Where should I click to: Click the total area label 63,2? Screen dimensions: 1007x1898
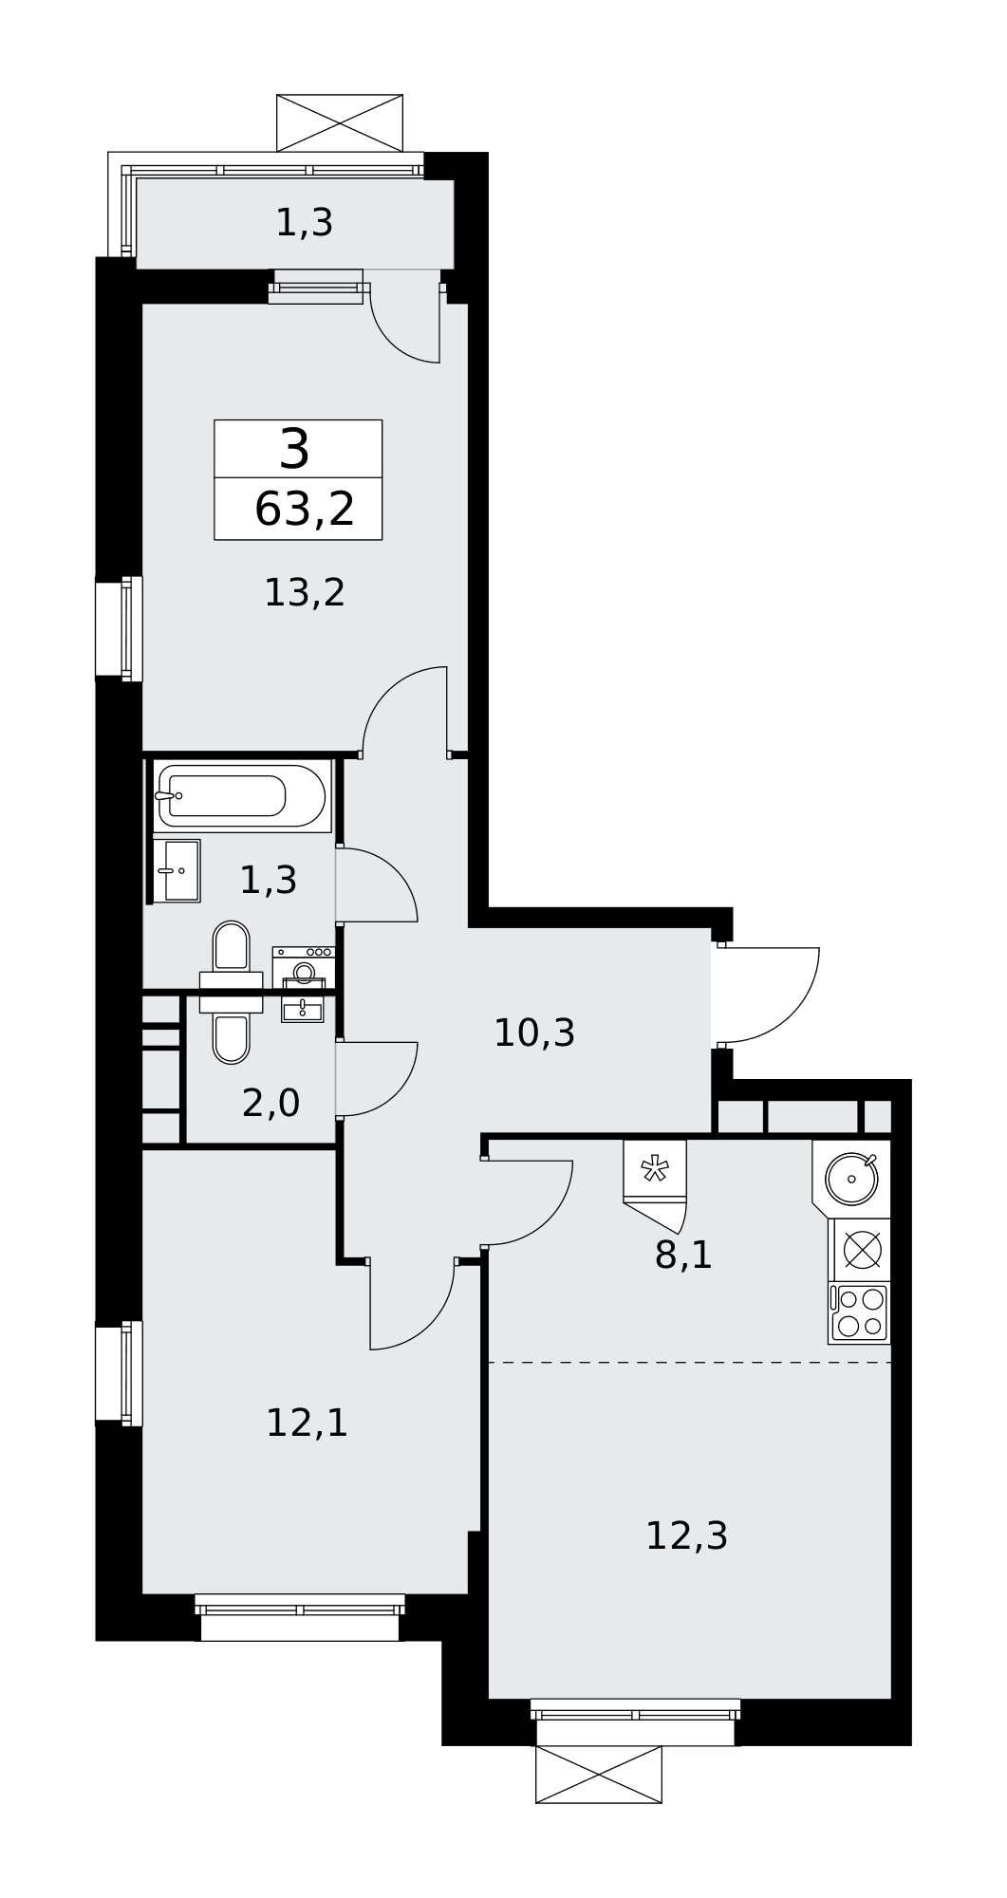click(x=305, y=511)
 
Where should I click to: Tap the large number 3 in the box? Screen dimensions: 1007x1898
click(x=295, y=449)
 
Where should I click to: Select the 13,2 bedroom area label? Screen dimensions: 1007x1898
click(x=304, y=593)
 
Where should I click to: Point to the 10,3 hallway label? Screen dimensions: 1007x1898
click(x=534, y=1033)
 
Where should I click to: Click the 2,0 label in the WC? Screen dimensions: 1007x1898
click(x=270, y=1104)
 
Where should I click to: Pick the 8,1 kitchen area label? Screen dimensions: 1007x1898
click(x=683, y=1256)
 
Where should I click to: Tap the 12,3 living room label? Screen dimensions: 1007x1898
click(x=686, y=1535)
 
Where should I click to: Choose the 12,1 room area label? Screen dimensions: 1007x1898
click(x=307, y=1423)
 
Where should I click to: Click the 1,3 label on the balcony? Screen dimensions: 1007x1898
click(x=304, y=223)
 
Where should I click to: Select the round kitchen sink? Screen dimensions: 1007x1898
click(x=851, y=1179)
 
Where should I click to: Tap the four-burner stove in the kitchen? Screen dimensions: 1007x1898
click(x=859, y=1312)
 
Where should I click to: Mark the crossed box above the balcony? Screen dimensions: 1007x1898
click(x=340, y=122)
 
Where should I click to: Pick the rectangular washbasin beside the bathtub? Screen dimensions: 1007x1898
click(x=177, y=870)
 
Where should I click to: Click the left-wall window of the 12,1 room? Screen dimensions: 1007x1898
click(x=120, y=1373)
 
